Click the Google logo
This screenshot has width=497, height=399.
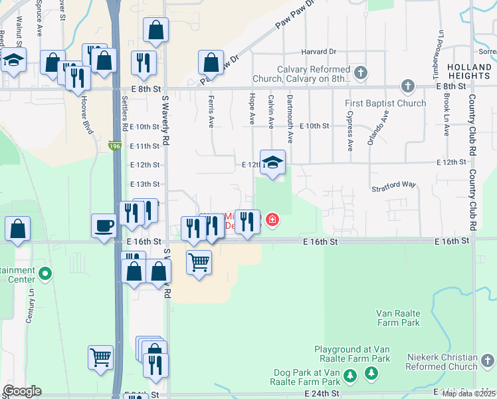point(23,392)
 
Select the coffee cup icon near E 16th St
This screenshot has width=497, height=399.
point(104,225)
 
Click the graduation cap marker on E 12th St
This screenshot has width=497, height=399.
point(272,162)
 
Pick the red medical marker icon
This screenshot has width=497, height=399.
point(272,219)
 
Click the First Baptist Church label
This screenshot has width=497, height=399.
point(385,104)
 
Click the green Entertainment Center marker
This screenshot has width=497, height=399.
point(45,273)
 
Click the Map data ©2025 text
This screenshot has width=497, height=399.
point(469,394)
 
